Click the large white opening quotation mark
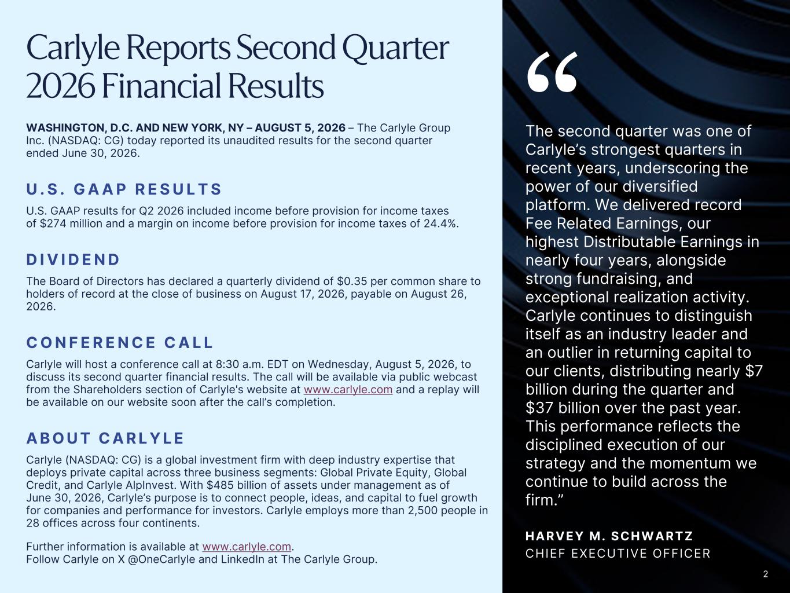coord(553,72)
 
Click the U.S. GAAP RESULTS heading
coord(124,189)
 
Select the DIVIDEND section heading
coord(73,259)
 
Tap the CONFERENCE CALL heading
coord(120,342)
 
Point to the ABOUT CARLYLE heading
coord(105,438)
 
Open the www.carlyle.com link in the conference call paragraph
coord(348,390)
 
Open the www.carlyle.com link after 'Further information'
coord(247,547)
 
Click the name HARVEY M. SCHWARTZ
coord(609,536)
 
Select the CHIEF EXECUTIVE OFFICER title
coord(618,554)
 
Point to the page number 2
coord(766,574)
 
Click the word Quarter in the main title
coord(395,49)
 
